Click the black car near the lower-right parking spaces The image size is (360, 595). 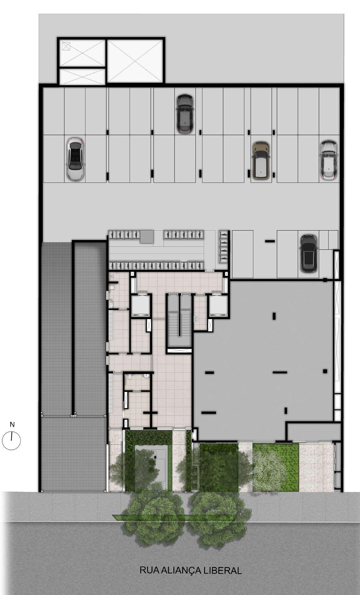[309, 253]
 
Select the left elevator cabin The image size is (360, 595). [140, 306]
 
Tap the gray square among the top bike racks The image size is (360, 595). [147, 237]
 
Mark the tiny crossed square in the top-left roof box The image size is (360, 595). [66, 46]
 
